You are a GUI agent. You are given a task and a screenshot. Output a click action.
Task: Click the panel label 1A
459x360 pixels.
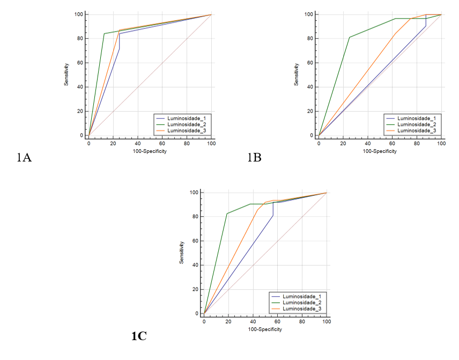coord(24,158)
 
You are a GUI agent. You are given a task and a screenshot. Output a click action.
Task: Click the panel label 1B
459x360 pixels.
coord(254,158)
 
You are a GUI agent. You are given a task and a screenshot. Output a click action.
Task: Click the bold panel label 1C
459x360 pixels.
coord(139,336)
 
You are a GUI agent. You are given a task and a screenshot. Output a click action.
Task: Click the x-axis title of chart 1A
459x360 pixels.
coord(150,151)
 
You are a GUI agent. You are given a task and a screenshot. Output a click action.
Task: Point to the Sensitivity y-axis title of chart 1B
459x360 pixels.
coord(297,75)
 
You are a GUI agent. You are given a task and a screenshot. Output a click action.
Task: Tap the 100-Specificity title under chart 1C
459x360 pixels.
coord(265,329)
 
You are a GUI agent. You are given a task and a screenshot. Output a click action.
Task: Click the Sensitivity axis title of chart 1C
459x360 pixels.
coord(182,252)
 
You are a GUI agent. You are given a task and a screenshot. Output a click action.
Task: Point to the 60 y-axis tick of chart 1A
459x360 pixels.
coord(79,63)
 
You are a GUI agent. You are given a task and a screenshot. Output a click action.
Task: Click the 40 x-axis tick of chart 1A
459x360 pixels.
coord(138,144)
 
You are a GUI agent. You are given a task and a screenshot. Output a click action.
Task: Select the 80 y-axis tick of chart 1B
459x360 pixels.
coord(309,38)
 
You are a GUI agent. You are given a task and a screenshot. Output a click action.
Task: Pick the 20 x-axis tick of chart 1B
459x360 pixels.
coord(343,144)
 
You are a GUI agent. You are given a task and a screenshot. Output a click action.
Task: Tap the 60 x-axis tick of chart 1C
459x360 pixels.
coord(277,322)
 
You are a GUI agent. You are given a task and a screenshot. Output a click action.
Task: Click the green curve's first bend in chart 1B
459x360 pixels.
coord(350,37)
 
